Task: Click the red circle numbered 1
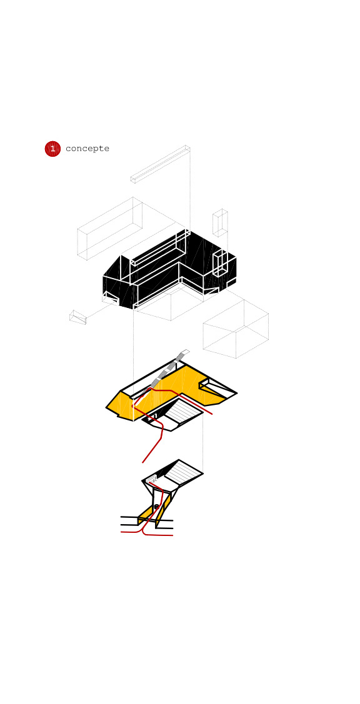[52, 149]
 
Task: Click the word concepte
[87, 149]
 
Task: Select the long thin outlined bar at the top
[160, 164]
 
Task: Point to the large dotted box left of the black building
[109, 228]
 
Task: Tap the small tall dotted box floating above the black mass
[220, 222]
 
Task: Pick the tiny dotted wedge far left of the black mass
[77, 317]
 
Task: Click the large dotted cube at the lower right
[236, 329]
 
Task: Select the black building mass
[169, 269]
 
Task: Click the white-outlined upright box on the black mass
[220, 263]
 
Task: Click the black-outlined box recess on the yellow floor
[217, 388]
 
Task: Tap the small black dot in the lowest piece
[156, 507]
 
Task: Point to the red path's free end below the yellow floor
[143, 462]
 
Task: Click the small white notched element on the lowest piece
[151, 480]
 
